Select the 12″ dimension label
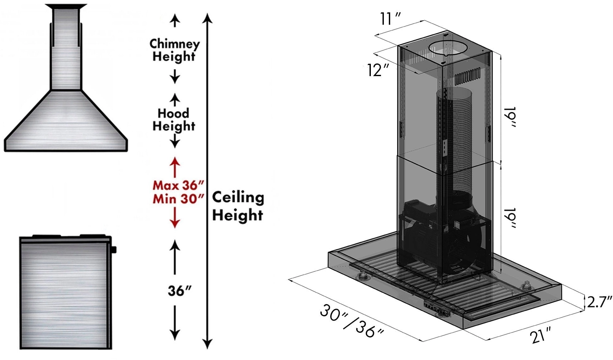click(378, 70)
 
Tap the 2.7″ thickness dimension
click(599, 302)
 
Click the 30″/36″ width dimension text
click(352, 321)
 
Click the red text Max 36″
click(178, 185)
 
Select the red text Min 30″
click(178, 200)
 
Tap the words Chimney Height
click(174, 50)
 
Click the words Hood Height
click(174, 120)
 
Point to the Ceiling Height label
click(238, 206)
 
